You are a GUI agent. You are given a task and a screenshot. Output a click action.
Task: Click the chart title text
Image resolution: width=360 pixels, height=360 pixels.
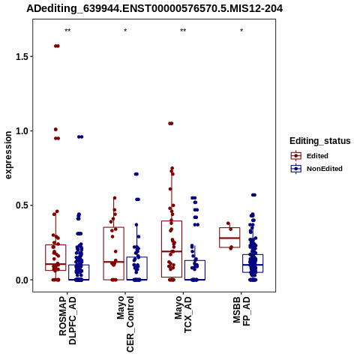click(x=154, y=9)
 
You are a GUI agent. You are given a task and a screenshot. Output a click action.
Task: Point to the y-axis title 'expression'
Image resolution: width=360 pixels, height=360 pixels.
click(x=8, y=155)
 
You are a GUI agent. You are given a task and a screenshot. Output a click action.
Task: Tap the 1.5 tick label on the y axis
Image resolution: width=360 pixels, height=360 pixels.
click(x=21, y=57)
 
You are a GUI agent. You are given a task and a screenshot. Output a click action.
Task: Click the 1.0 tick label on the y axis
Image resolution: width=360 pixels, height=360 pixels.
click(x=21, y=131)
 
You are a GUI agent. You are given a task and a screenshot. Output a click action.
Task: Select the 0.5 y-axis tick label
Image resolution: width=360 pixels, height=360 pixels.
click(x=21, y=205)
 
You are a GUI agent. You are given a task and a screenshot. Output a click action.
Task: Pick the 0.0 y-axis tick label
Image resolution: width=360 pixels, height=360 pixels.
click(x=21, y=280)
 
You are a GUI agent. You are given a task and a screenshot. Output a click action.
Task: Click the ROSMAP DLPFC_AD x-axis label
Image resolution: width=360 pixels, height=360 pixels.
click(x=67, y=321)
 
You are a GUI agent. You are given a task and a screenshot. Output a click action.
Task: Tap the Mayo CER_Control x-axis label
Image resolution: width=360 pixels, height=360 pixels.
click(x=125, y=324)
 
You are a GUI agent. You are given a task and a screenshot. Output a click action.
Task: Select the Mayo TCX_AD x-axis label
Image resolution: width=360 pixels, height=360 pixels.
click(x=183, y=314)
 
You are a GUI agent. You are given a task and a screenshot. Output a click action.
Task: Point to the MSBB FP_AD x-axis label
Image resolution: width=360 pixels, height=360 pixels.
click(x=241, y=311)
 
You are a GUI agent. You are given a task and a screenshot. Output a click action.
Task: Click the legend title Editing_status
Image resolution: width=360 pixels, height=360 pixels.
click(x=320, y=141)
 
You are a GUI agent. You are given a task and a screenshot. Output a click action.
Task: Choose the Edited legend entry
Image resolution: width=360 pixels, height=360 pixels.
click(x=310, y=156)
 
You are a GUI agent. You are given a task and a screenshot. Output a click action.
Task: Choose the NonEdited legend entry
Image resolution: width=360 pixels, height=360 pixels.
click(x=316, y=169)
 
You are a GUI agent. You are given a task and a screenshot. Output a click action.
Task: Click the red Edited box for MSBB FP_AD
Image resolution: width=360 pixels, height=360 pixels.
click(x=229, y=238)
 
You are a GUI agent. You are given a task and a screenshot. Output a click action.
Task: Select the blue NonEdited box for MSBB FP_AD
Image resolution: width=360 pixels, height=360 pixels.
click(x=253, y=263)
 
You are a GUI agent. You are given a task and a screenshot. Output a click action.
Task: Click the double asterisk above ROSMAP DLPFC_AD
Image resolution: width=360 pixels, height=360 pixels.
click(x=67, y=31)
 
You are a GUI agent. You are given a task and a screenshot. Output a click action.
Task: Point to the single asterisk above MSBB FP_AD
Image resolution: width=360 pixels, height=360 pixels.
click(x=241, y=31)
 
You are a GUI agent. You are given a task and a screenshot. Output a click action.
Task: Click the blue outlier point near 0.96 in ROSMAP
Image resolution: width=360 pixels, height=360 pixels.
click(x=80, y=136)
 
